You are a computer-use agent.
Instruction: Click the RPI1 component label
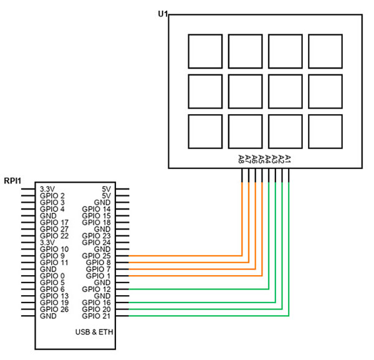click(x=12, y=181)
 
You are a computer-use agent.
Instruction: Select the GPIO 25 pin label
click(x=96, y=256)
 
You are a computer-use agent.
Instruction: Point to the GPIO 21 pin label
click(x=96, y=316)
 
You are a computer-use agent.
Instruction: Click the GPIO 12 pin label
click(x=96, y=289)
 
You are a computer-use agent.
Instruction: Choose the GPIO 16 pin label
click(x=96, y=303)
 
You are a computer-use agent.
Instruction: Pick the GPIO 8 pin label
click(x=98, y=263)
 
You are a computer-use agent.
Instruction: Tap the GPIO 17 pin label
click(x=54, y=222)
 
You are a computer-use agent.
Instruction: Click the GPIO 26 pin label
click(x=54, y=309)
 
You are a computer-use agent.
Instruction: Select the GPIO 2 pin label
click(x=52, y=195)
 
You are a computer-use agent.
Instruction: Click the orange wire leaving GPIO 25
click(x=187, y=256)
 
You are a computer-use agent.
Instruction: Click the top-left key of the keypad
click(x=205, y=51)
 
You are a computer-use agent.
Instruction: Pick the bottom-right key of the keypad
click(x=325, y=132)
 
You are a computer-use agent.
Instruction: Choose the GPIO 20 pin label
click(x=96, y=309)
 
